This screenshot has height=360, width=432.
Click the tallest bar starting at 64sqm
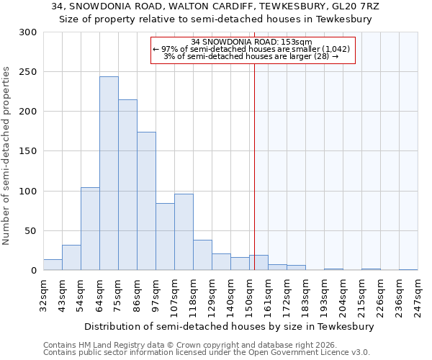109,174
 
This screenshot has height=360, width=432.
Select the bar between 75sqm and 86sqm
127,185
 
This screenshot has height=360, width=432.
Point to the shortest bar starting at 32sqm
53,265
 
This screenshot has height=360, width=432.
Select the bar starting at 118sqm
202,256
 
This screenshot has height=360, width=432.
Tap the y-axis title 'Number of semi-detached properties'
7,156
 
